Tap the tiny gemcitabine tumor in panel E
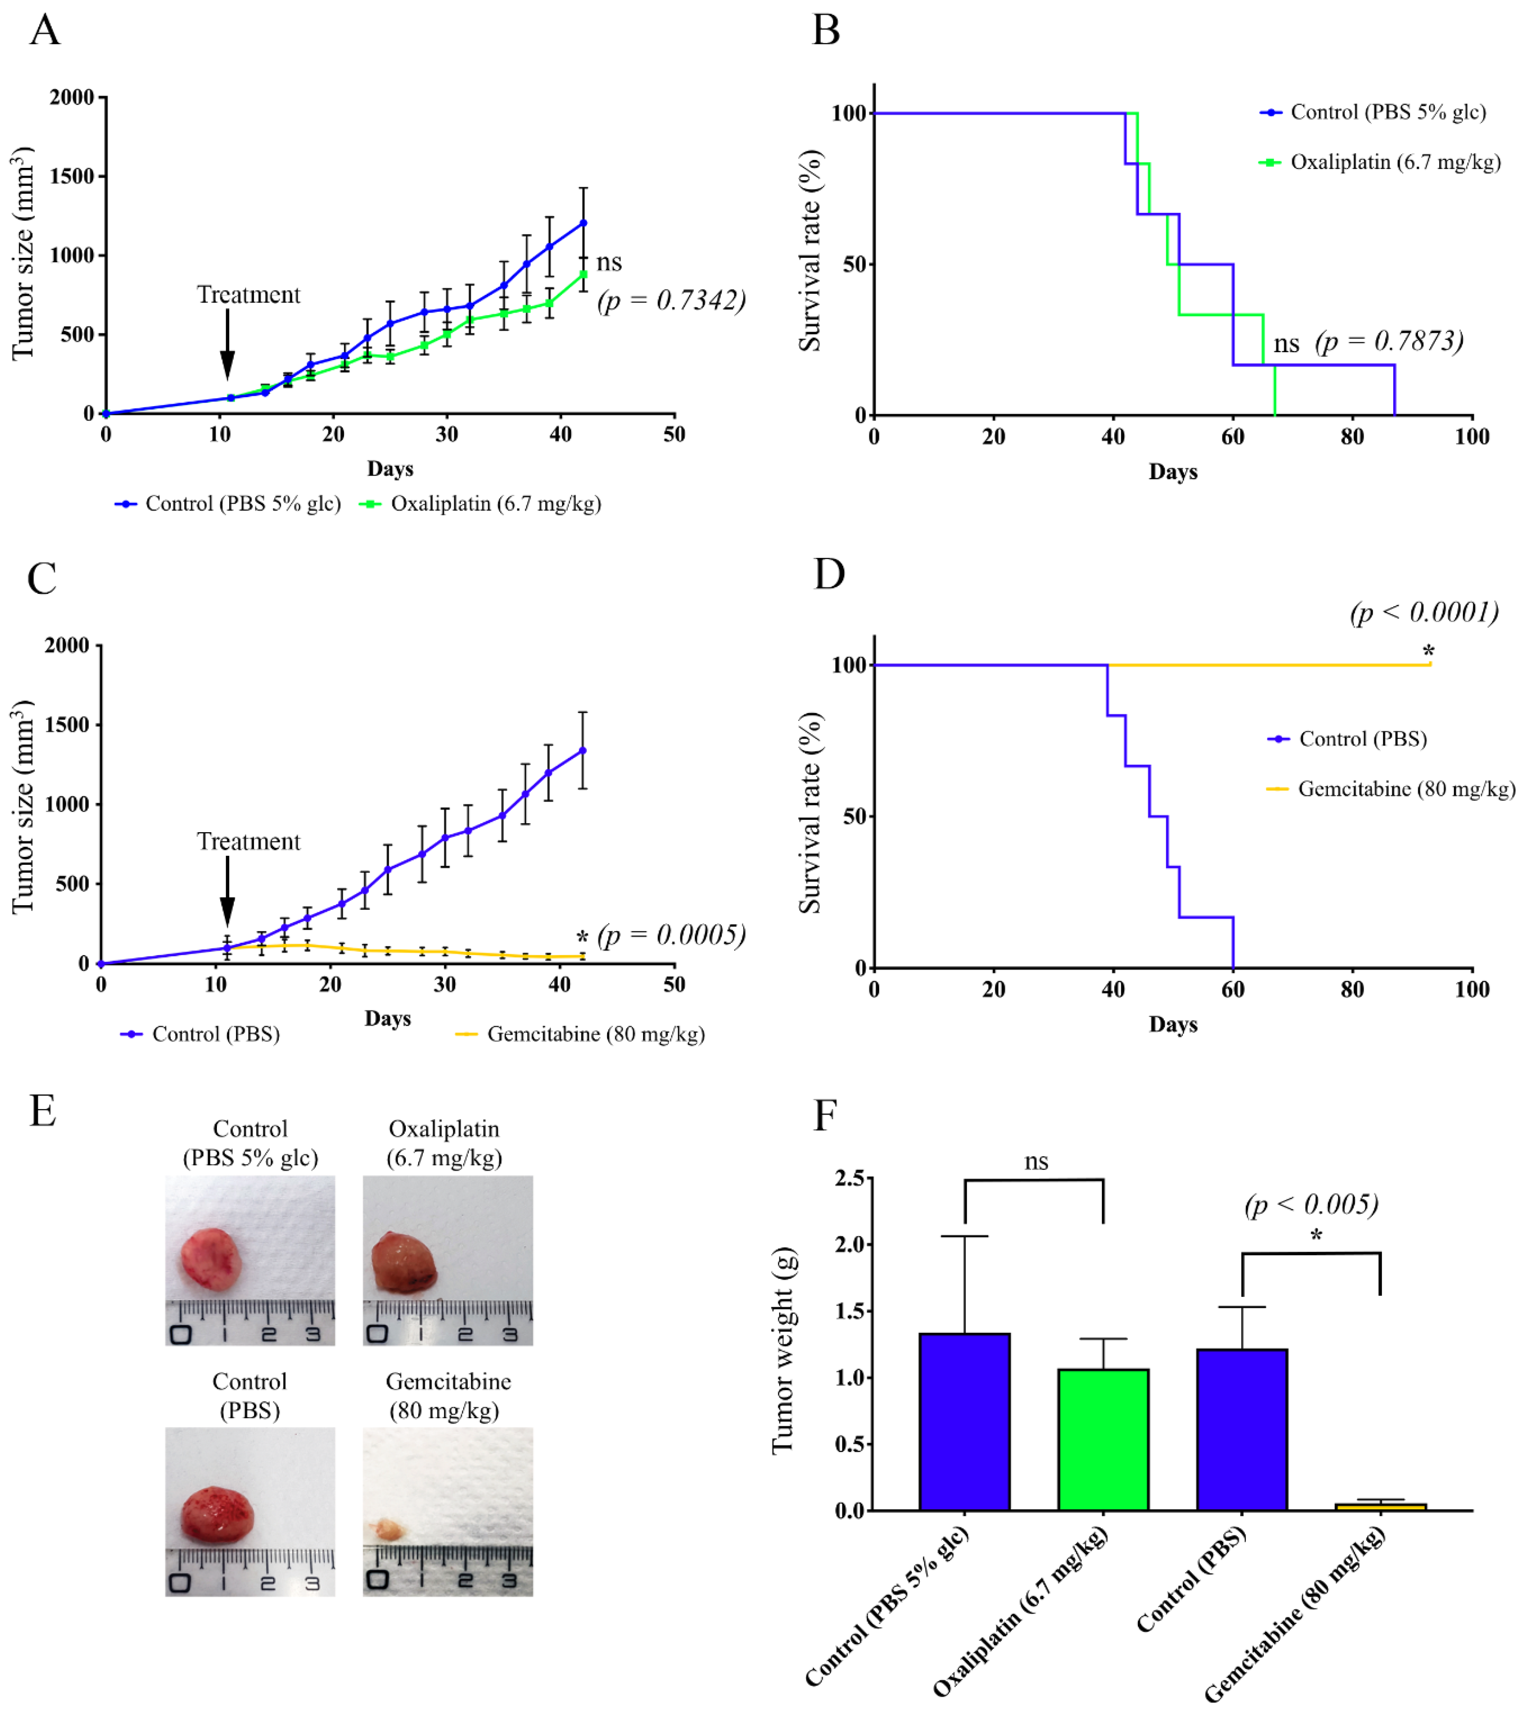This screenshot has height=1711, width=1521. (x=388, y=1531)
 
